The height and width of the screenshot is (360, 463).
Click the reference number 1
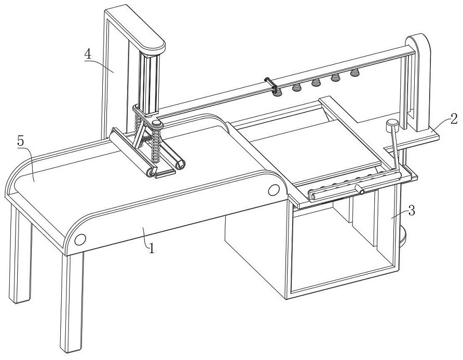152,248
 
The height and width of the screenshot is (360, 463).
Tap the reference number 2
454,119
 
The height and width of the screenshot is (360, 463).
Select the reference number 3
411,211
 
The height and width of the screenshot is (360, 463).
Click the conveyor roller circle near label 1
79,240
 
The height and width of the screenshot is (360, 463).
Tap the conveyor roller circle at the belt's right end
273,190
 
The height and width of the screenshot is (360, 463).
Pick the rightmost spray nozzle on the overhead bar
355,72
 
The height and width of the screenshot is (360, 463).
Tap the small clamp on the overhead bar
268,82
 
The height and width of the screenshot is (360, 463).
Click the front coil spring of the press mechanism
155,148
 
